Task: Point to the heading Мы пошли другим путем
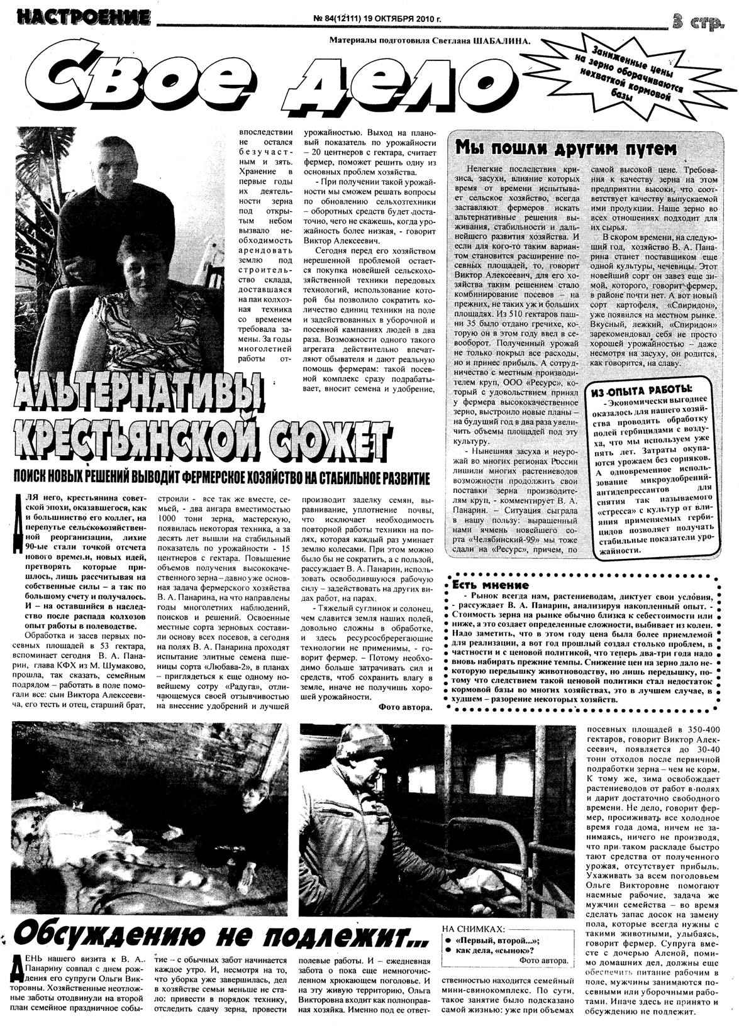[x=565, y=148]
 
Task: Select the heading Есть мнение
[x=491, y=584]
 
